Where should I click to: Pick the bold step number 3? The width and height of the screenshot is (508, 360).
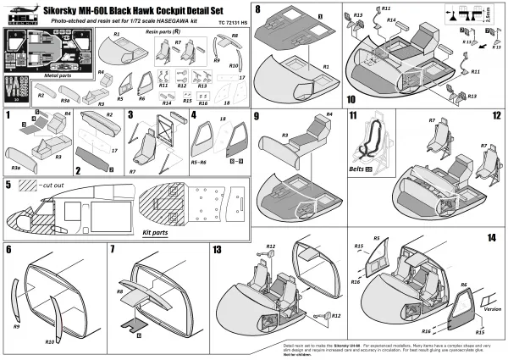[x=131, y=114]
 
